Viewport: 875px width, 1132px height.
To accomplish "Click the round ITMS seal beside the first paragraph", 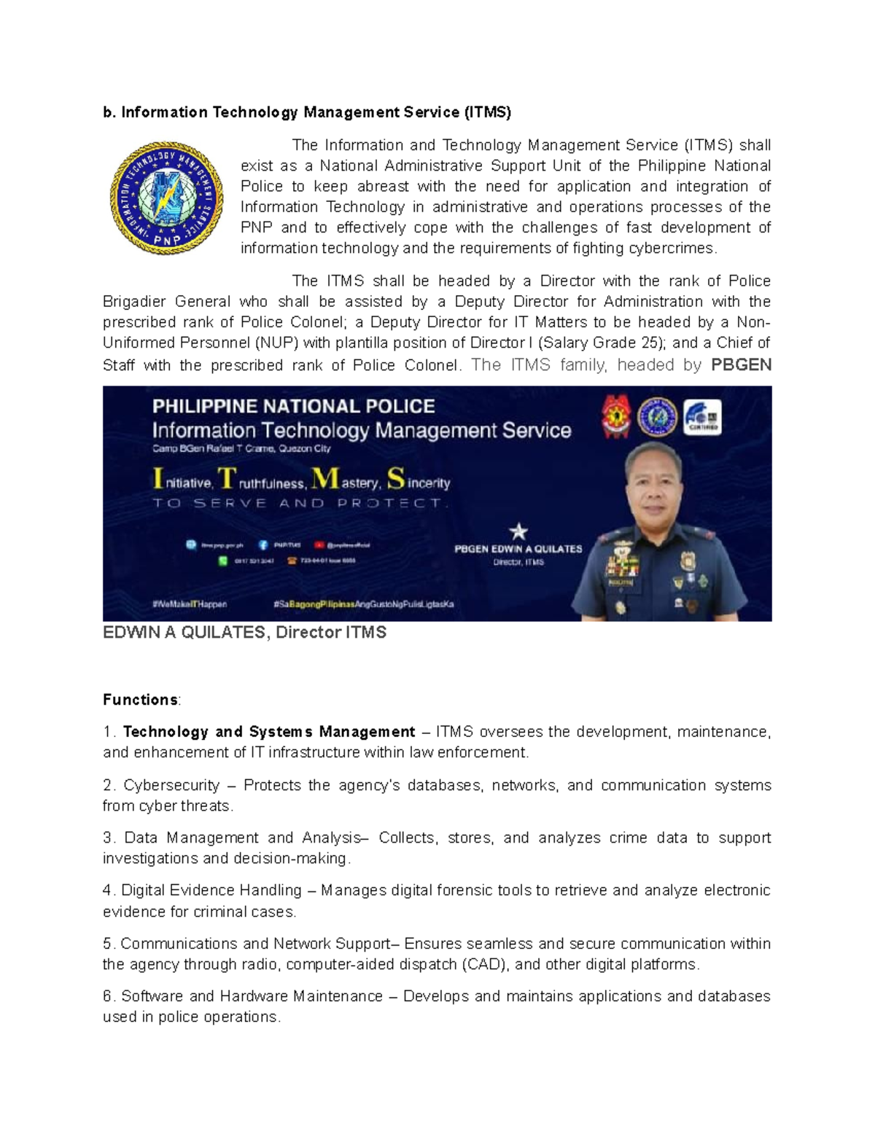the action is (167, 198).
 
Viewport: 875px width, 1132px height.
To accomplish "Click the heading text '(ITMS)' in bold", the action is (487, 112).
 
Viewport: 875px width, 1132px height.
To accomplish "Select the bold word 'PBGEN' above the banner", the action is (740, 365).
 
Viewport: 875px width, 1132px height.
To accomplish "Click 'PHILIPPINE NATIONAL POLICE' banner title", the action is (293, 406).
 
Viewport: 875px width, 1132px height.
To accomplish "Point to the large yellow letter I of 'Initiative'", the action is (157, 480).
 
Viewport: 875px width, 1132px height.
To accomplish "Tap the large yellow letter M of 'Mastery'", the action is (324, 479).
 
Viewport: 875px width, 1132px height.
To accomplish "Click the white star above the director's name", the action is (518, 531).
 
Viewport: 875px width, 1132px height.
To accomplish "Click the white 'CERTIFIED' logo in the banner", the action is (702, 418).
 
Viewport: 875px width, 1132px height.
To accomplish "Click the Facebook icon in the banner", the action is (263, 544).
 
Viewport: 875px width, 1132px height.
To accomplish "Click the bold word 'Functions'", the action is (140, 700).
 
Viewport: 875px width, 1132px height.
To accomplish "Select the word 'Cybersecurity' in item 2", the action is (171, 786).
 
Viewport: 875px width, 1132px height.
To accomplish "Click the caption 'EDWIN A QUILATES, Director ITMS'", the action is (244, 633).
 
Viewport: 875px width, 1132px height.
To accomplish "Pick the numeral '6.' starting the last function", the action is (109, 996).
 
